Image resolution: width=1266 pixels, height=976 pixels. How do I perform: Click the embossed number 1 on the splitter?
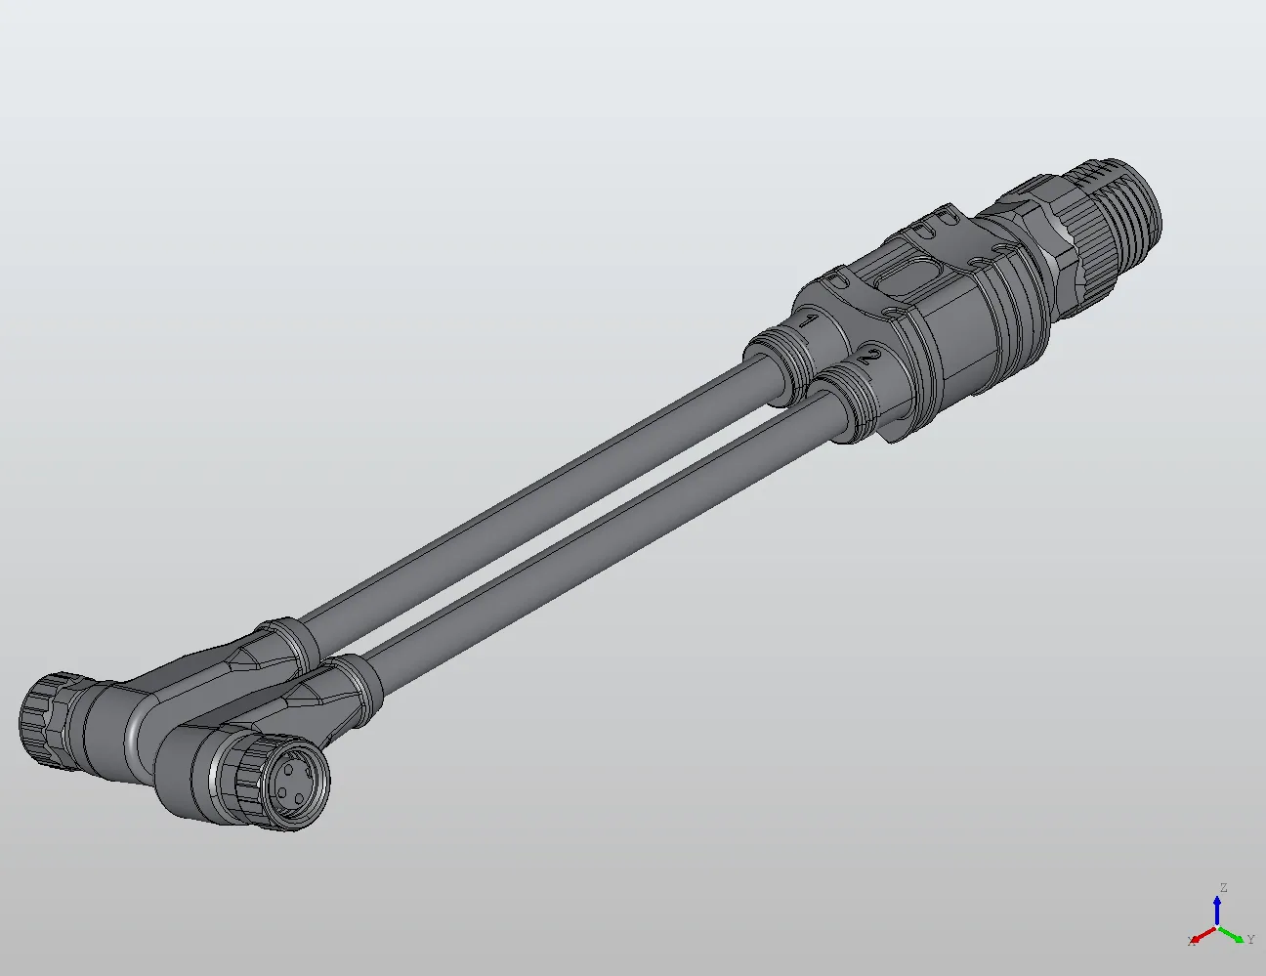coord(809,320)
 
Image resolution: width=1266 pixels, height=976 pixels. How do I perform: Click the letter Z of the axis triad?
coord(1223,888)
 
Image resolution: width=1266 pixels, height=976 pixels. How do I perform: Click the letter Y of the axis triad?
coord(1250,940)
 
